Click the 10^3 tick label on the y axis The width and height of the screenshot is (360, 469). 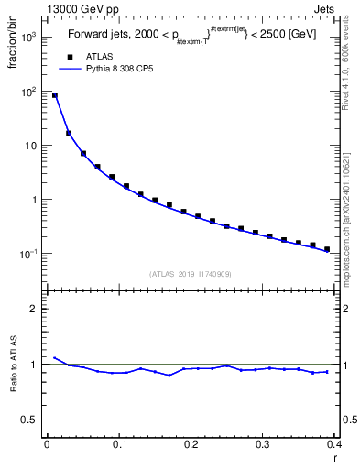pyautogui.click(x=28, y=38)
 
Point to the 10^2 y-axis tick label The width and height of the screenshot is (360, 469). pyautogui.click(x=28, y=92)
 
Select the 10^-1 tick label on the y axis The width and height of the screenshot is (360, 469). pyautogui.click(x=28, y=254)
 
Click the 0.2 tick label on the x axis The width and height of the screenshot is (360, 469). pyautogui.click(x=191, y=443)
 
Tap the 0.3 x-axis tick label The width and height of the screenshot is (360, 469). pyautogui.click(x=263, y=443)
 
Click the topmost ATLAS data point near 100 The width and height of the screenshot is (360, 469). pyautogui.click(x=54, y=95)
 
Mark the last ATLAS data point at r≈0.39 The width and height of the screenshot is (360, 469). pyautogui.click(x=327, y=249)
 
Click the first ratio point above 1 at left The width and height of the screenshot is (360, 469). pyautogui.click(x=54, y=357)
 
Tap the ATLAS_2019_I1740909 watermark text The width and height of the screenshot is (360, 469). pyautogui.click(x=190, y=274)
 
